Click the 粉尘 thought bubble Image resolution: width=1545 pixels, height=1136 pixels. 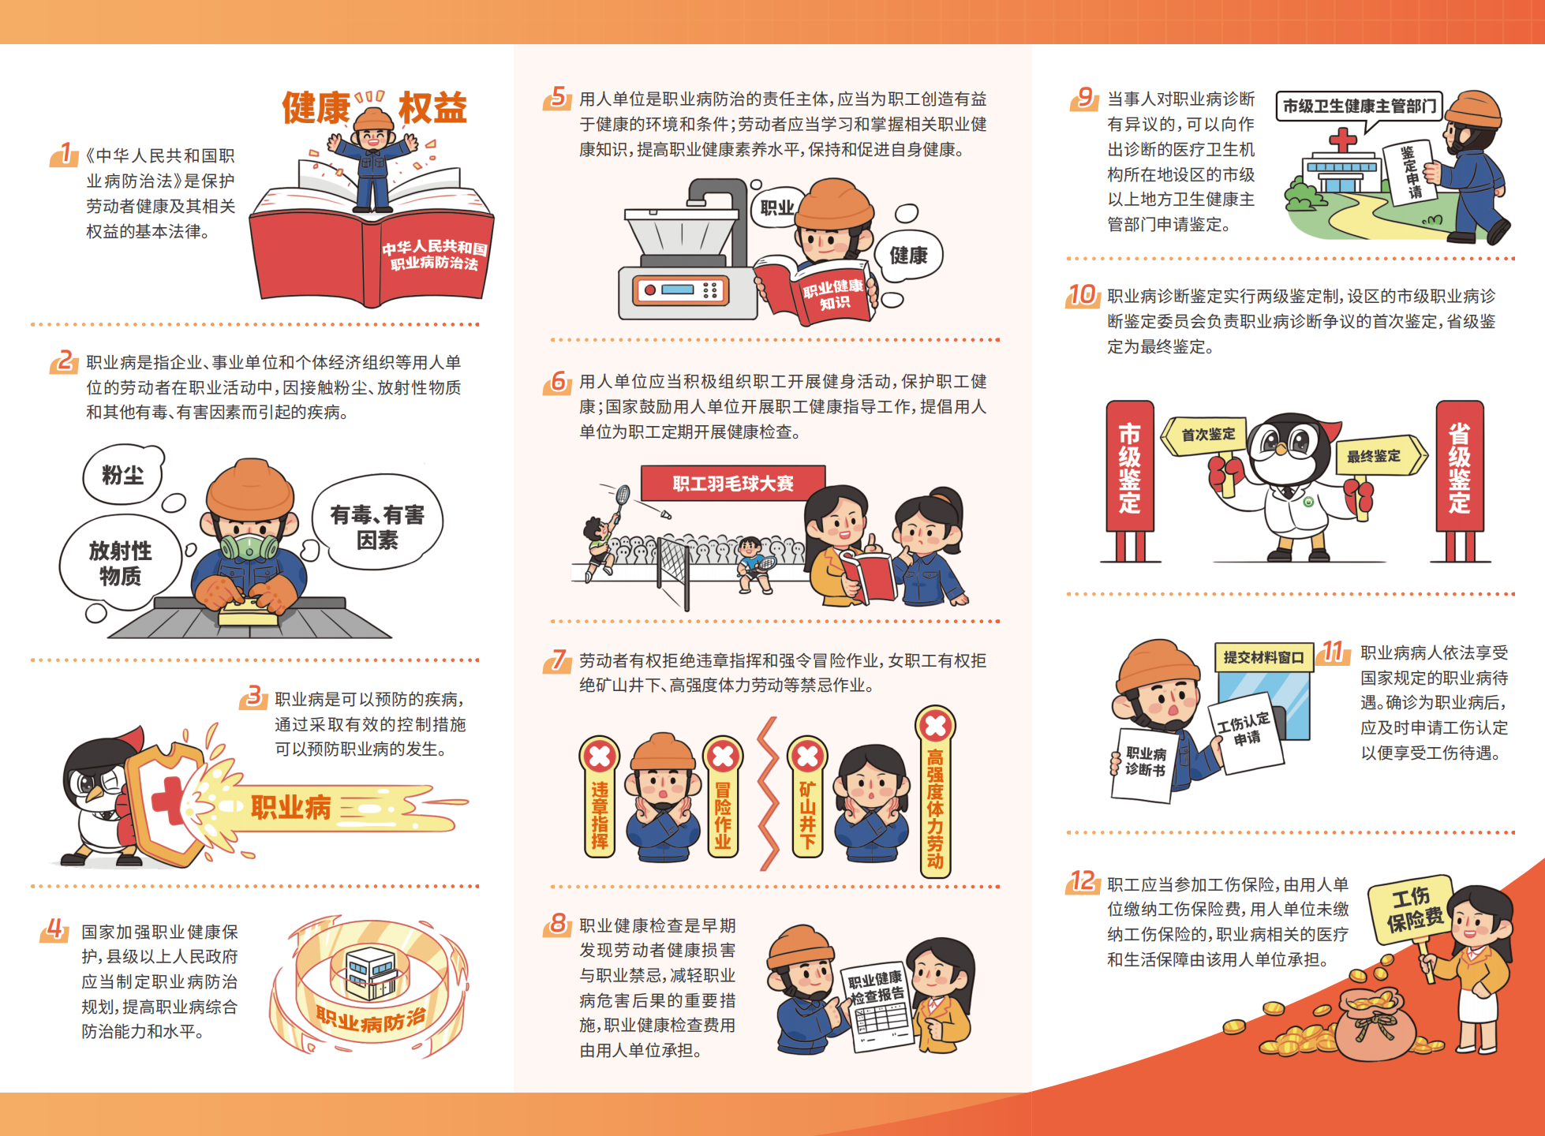tap(123, 474)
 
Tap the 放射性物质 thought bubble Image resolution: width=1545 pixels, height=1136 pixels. tap(121, 562)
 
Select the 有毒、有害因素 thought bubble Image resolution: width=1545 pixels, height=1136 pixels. tap(377, 523)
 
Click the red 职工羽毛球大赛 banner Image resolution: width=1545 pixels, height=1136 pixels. tap(733, 483)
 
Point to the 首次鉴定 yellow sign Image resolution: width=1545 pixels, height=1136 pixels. tap(1206, 435)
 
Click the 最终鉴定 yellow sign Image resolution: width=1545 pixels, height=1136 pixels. tap(1378, 455)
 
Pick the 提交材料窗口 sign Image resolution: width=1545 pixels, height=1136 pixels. tap(1263, 657)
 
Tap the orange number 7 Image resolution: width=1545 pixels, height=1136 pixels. tap(559, 660)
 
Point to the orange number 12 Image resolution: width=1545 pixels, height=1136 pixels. tap(1084, 881)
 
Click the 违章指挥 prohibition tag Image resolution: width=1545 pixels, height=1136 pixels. tap(600, 797)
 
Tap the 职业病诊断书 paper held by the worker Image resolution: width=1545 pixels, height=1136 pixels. tap(1143, 764)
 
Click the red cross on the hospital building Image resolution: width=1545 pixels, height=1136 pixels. tap(1342, 140)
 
